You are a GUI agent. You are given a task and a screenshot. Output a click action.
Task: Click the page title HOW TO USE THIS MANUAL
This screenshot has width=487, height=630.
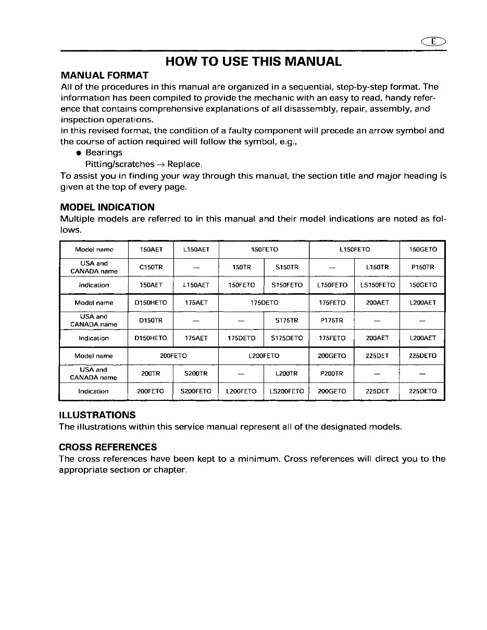pos(253,61)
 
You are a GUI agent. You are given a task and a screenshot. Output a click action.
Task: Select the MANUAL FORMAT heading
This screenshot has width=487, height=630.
pos(105,75)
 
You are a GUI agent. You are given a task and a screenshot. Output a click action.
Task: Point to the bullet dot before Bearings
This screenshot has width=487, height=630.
pos(78,153)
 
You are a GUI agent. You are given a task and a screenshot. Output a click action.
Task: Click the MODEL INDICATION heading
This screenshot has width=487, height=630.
pos(107,207)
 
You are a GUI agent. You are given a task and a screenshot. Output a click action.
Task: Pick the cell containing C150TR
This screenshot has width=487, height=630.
pos(151,267)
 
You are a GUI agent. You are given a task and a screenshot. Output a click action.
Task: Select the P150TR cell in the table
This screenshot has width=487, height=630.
pos(422,267)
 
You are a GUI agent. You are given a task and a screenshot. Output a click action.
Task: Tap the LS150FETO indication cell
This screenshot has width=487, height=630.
pos(377,285)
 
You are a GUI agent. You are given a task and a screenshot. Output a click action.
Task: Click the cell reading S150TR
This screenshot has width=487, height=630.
pos(286,267)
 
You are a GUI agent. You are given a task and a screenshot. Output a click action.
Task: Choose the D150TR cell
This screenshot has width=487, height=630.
pos(151,320)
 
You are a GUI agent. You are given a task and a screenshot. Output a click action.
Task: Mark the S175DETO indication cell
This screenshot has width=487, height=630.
pos(286,338)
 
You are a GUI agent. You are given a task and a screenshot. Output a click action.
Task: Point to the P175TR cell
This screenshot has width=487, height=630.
pos(331,320)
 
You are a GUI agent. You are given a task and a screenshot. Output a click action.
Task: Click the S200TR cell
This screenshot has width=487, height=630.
pos(196,373)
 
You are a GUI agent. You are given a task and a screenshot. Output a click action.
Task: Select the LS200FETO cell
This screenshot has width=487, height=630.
pos(286,392)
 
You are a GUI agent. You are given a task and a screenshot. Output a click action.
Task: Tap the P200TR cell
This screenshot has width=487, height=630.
pos(331,373)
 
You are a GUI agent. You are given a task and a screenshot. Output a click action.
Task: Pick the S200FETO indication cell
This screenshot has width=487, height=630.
pos(196,392)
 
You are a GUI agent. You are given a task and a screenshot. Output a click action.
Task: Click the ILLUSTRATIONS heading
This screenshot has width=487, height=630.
pos(97,415)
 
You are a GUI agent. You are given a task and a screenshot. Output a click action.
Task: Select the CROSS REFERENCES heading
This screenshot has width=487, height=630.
pos(108,447)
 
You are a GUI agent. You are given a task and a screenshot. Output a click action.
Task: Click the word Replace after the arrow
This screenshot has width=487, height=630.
pos(184,165)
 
